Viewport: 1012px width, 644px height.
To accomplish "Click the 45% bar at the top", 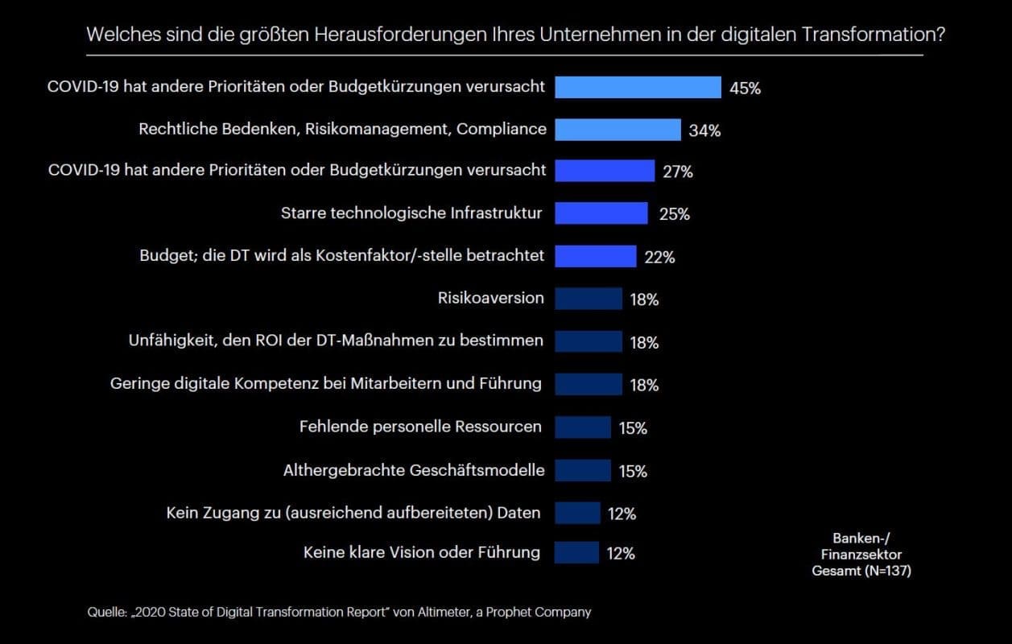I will pyautogui.click(x=637, y=87).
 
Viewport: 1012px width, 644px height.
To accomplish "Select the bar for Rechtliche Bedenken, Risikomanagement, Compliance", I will pyautogui.click(x=618, y=129).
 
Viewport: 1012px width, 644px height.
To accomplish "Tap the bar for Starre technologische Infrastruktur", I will pyautogui.click(x=601, y=213).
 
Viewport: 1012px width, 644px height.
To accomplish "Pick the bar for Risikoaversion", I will pyautogui.click(x=588, y=299).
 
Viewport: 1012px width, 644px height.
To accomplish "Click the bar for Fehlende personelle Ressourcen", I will pyautogui.click(x=582, y=427).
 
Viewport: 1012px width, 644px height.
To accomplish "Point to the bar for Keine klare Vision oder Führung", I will pyautogui.click(x=576, y=553).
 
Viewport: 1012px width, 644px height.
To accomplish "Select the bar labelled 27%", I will pyautogui.click(x=604, y=171).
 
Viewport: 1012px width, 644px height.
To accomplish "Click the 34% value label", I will pyautogui.click(x=704, y=130).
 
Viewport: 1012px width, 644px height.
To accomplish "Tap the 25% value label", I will pyautogui.click(x=674, y=214).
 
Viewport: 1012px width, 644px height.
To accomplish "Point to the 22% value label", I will pyautogui.click(x=659, y=258).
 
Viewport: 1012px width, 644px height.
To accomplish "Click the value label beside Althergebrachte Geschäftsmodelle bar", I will pyautogui.click(x=633, y=471).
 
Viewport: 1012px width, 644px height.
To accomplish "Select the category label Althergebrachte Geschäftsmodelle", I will pyautogui.click(x=414, y=470).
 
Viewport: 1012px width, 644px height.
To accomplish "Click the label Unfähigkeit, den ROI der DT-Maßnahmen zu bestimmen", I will pyautogui.click(x=336, y=341).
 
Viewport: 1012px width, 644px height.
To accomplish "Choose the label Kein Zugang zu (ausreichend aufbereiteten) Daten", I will pyautogui.click(x=353, y=512).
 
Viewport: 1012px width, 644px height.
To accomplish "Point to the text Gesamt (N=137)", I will pyautogui.click(x=861, y=570).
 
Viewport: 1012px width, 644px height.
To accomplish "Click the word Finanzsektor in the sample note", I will pyautogui.click(x=861, y=554).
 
